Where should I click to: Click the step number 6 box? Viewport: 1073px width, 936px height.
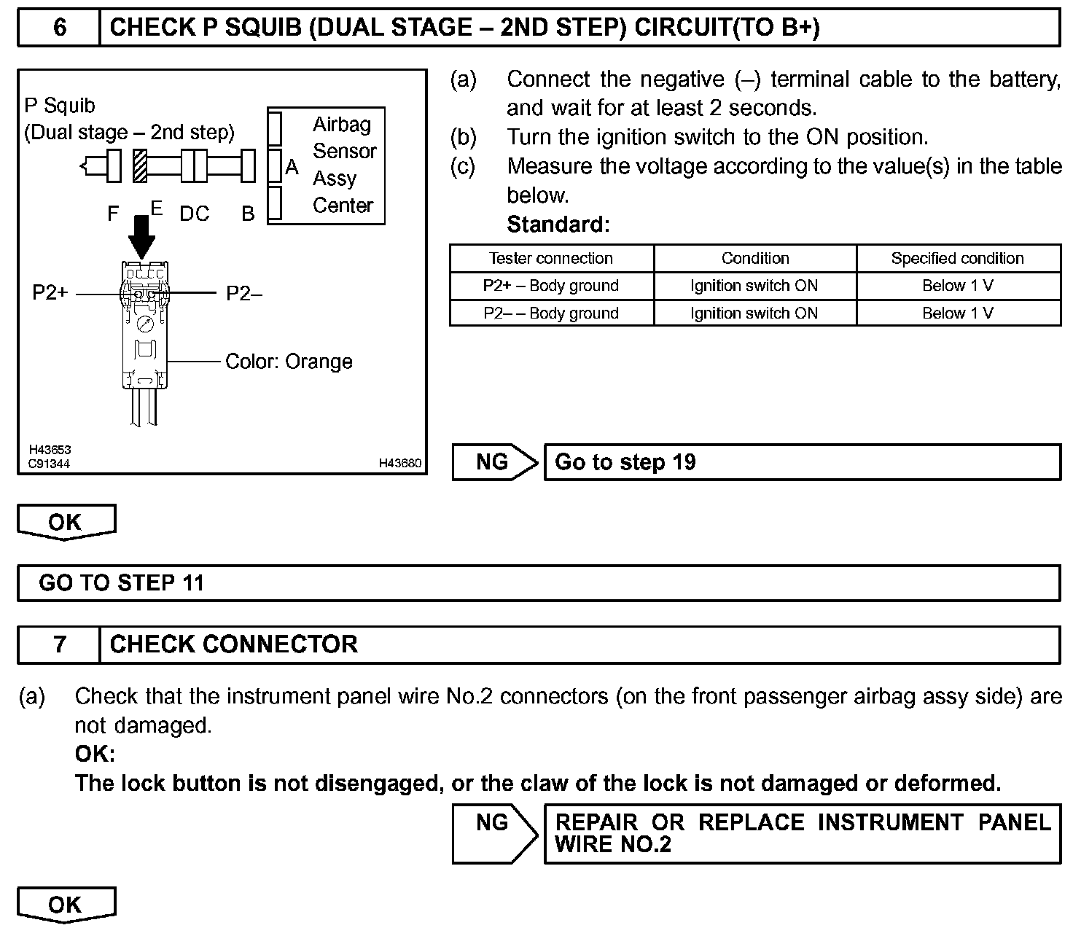(59, 28)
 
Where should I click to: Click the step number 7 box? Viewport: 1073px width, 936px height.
(59, 644)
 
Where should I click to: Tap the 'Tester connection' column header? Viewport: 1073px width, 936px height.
(551, 258)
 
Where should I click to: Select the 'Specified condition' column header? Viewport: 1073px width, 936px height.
(957, 258)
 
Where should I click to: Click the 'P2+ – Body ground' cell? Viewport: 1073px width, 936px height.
(551, 286)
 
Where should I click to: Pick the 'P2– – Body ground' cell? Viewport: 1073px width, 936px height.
(551, 313)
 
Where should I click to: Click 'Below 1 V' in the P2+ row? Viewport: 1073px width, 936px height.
(957, 286)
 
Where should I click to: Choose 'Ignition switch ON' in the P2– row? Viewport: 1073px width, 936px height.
(754, 313)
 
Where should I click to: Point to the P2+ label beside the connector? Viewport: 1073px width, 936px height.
(50, 293)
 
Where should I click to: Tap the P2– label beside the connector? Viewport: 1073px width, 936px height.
(244, 293)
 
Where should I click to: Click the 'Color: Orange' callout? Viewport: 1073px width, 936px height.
(289, 362)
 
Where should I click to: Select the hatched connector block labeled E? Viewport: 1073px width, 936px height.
(140, 166)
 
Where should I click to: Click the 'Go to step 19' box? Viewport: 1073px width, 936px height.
(802, 462)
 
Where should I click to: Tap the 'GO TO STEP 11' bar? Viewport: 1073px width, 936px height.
(538, 583)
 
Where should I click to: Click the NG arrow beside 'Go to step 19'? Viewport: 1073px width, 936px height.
(494, 462)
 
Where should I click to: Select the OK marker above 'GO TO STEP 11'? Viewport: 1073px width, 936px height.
(66, 522)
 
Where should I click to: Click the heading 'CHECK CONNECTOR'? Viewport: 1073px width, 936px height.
(233, 644)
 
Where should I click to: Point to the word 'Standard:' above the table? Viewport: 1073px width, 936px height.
(558, 225)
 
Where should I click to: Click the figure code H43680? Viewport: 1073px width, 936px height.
(399, 464)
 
